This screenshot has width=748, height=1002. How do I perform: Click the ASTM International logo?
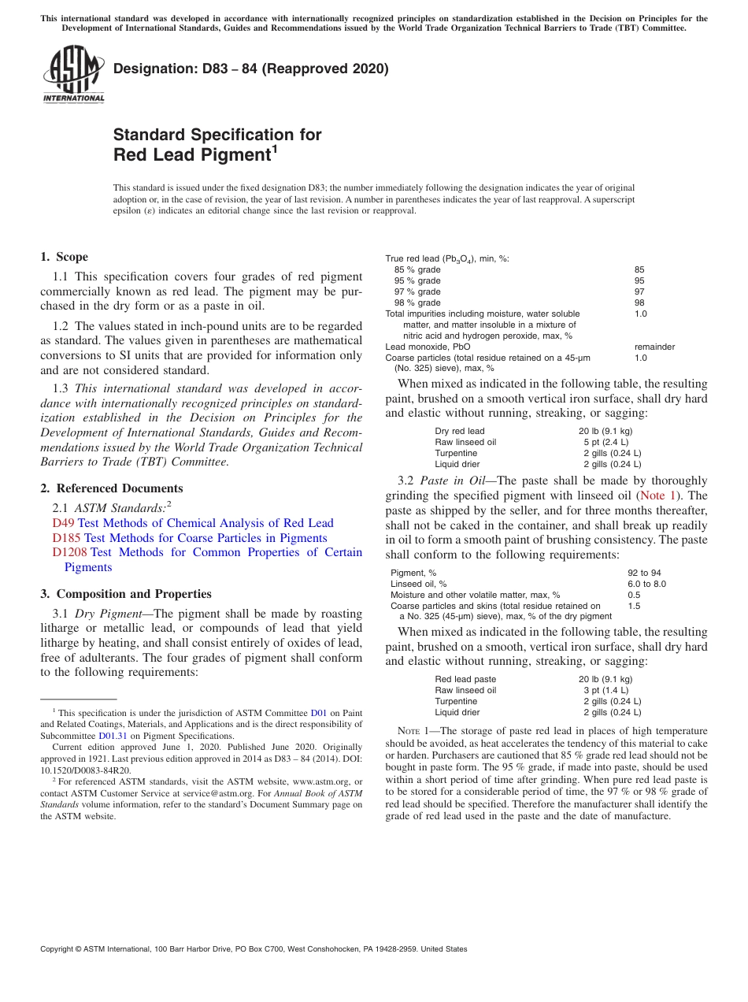73,75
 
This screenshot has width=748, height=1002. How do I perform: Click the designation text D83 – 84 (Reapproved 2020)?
250,69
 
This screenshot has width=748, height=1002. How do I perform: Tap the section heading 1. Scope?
64,257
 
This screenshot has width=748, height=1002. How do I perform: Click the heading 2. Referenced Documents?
112,488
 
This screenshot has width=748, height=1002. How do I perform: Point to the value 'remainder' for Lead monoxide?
654,347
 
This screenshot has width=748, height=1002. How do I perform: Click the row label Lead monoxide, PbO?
428,347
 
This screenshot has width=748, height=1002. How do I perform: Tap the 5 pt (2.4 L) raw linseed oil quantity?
605,442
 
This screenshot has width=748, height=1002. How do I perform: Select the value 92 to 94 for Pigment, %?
644,573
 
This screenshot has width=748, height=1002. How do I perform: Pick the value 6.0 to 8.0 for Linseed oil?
646,584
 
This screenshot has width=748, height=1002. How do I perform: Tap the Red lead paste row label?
465,679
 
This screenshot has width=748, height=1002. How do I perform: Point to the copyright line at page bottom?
254,949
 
